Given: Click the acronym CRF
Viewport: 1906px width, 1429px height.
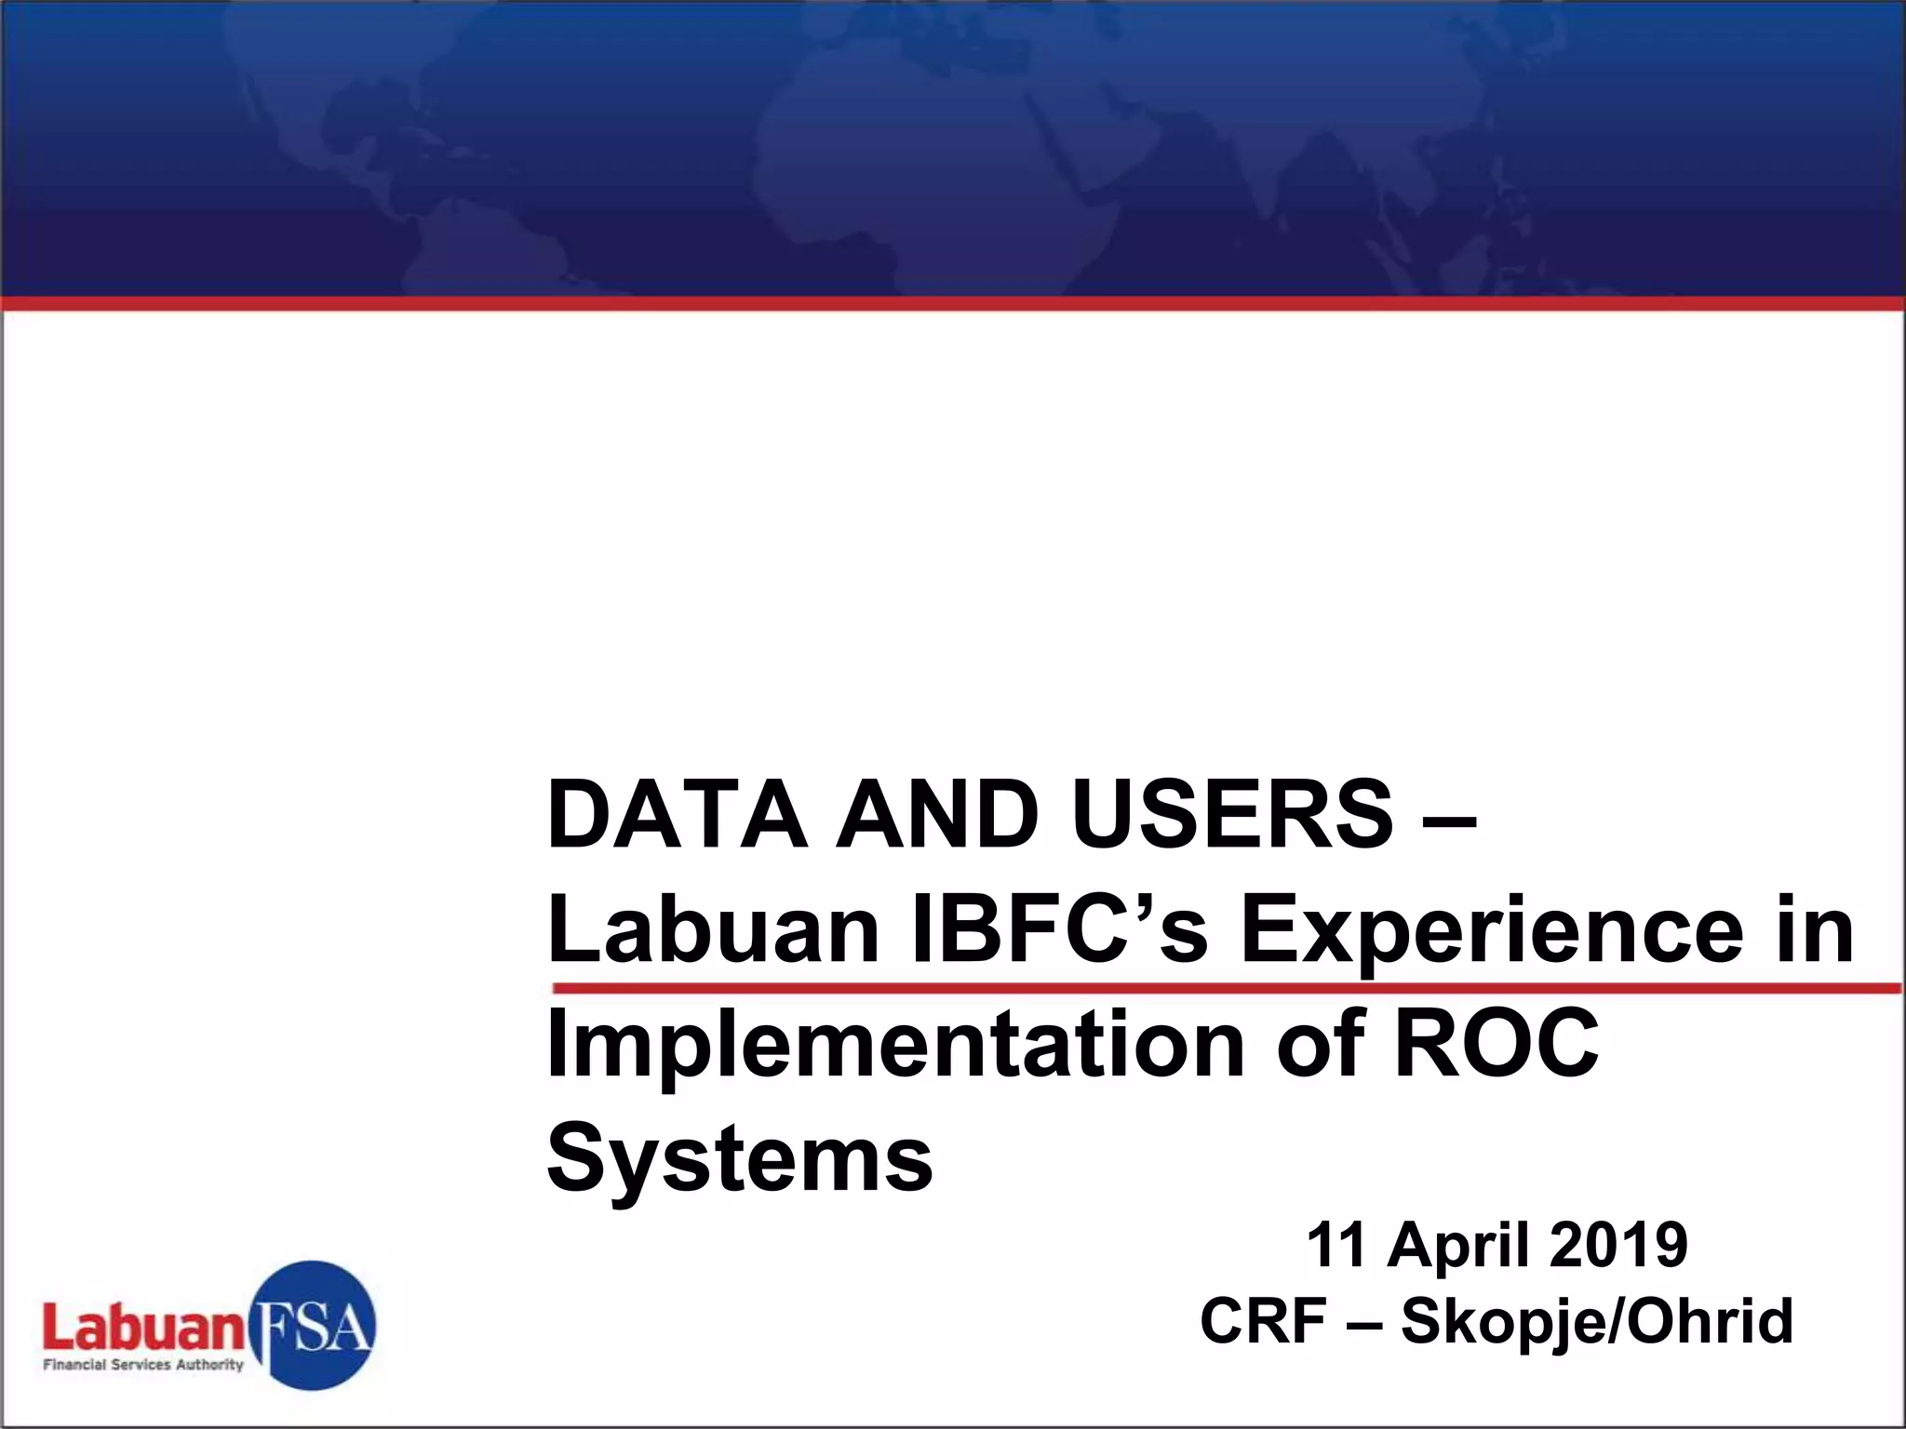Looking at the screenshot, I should (x=1263, y=1321).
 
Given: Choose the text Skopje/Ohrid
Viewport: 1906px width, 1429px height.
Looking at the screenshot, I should (x=1596, y=1321).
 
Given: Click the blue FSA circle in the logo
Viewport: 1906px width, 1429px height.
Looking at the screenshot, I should (x=314, y=1325).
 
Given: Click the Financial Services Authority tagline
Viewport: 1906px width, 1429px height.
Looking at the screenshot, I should (x=143, y=1365).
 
